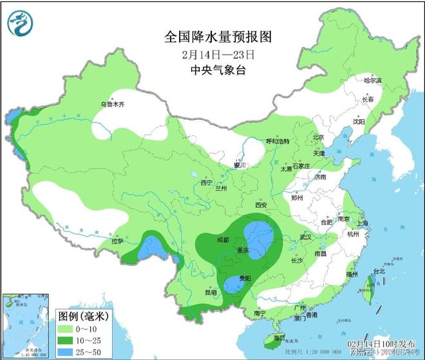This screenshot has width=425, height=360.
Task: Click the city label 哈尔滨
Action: tap(373, 81)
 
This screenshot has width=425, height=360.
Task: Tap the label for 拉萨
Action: tap(117, 242)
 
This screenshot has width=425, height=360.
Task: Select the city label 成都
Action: tap(223, 240)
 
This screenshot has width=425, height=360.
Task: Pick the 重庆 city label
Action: tap(242, 250)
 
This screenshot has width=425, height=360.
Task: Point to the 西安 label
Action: tap(260, 205)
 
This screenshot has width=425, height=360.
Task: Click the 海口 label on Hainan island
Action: tap(278, 337)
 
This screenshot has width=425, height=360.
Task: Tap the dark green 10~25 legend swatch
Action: tap(68, 339)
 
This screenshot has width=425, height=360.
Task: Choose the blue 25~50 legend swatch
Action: tap(68, 351)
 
